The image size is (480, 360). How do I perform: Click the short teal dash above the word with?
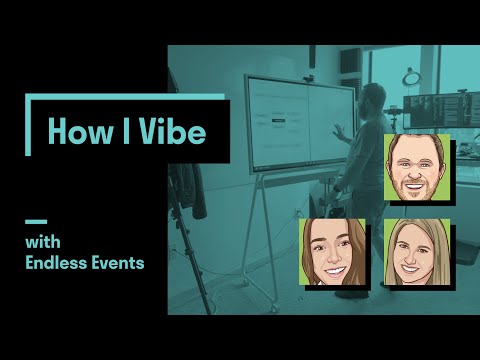(x=36, y=222)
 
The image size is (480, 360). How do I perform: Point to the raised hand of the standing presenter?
(x=340, y=132)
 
